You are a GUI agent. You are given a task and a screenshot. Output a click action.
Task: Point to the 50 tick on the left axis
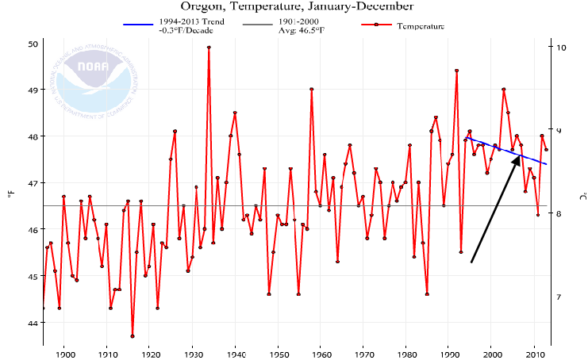[33, 44]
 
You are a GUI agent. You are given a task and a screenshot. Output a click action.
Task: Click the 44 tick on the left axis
[33, 323]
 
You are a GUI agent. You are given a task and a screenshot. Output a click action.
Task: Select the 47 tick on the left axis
[33, 183]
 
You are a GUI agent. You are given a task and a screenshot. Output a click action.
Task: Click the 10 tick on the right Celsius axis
[561, 48]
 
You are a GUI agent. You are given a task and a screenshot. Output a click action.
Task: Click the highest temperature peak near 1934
[209, 47]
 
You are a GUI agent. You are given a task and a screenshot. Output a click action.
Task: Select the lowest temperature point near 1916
[132, 336]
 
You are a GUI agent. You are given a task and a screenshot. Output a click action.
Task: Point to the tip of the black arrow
[519, 156]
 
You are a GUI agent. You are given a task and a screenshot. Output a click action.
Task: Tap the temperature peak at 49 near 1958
[311, 89]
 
